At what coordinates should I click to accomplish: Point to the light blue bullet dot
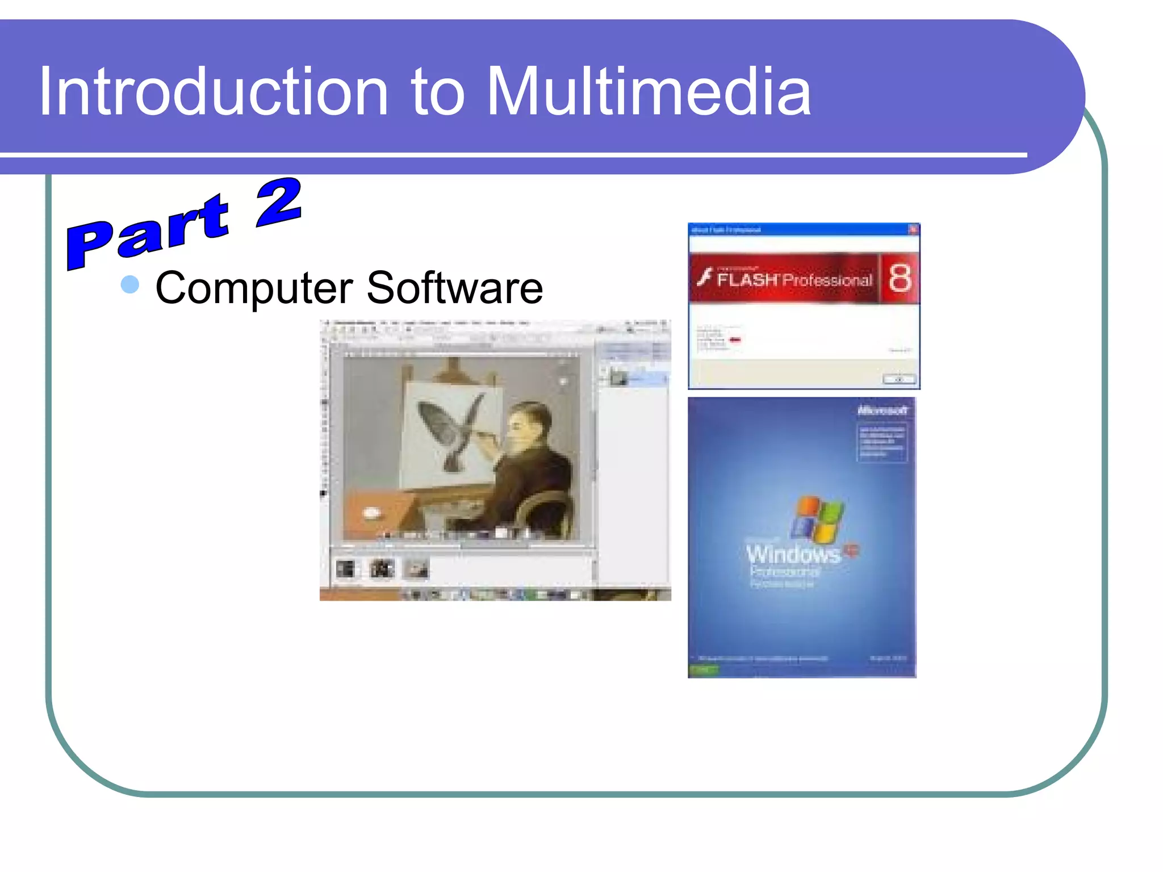tap(130, 284)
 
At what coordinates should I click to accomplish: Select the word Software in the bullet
tap(454, 287)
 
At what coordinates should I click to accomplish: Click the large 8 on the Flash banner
tap(900, 278)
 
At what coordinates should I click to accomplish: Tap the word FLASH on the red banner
tap(747, 279)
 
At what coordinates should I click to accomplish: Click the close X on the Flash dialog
tap(913, 229)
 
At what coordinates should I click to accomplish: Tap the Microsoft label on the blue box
tap(882, 410)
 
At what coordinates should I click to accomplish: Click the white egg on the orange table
tap(371, 513)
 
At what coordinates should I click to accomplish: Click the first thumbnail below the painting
tap(345, 568)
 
